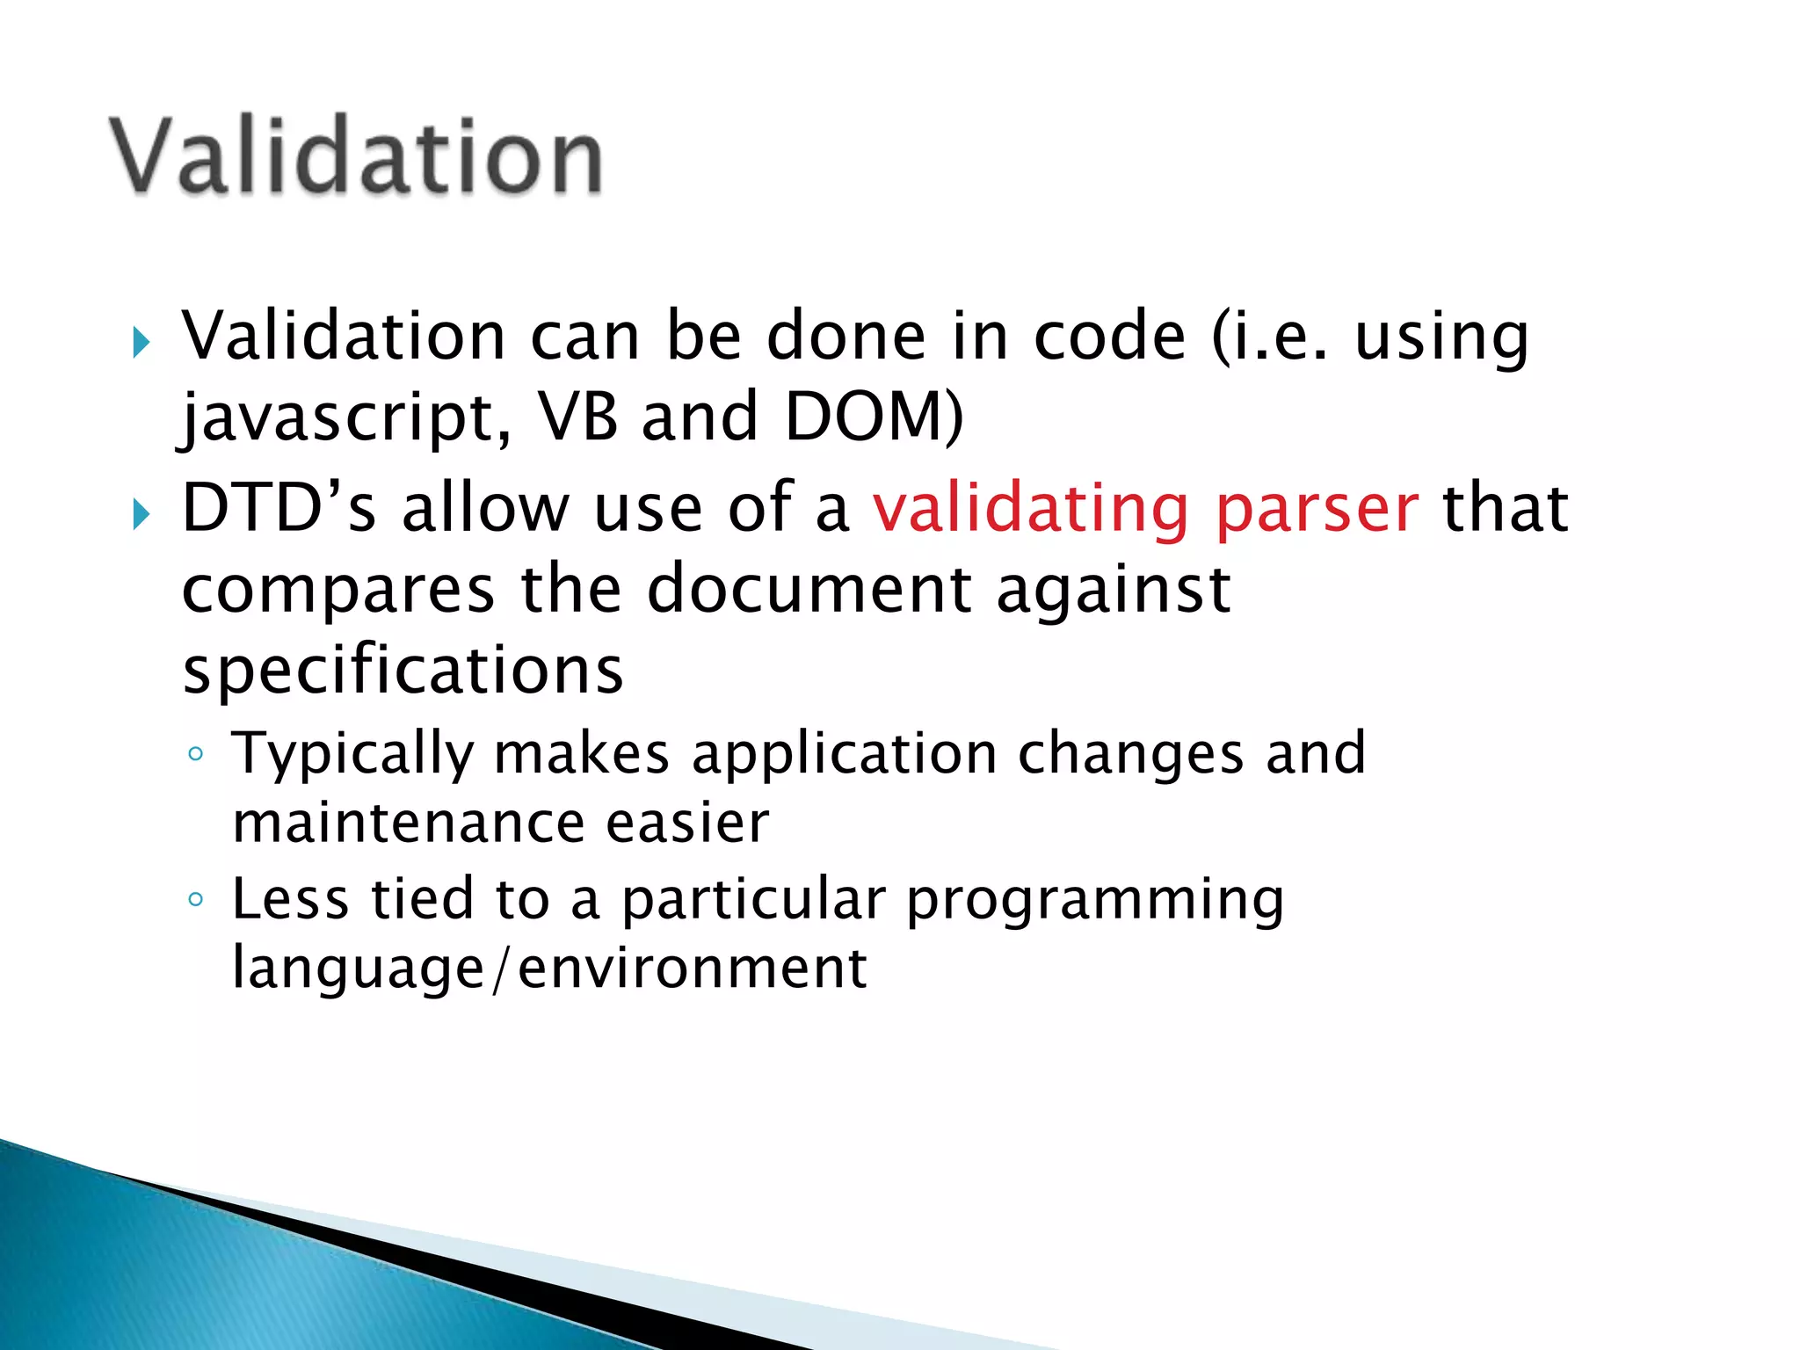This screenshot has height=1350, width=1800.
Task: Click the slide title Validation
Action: [x=356, y=156]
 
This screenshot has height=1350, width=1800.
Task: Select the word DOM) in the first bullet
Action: [x=873, y=417]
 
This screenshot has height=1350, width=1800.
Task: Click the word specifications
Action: [x=403, y=671]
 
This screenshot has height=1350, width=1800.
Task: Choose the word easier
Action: [x=687, y=824]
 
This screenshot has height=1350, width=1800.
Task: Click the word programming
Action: [x=1095, y=902]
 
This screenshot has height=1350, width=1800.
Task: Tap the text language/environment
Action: [x=549, y=969]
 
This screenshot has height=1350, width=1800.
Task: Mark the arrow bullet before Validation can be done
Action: [x=141, y=342]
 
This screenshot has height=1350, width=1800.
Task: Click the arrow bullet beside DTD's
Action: [x=141, y=513]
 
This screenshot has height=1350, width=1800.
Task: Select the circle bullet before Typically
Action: [x=196, y=754]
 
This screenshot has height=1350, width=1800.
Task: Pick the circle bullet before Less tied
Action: [x=196, y=899]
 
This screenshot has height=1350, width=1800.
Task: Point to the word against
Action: [x=1113, y=591]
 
